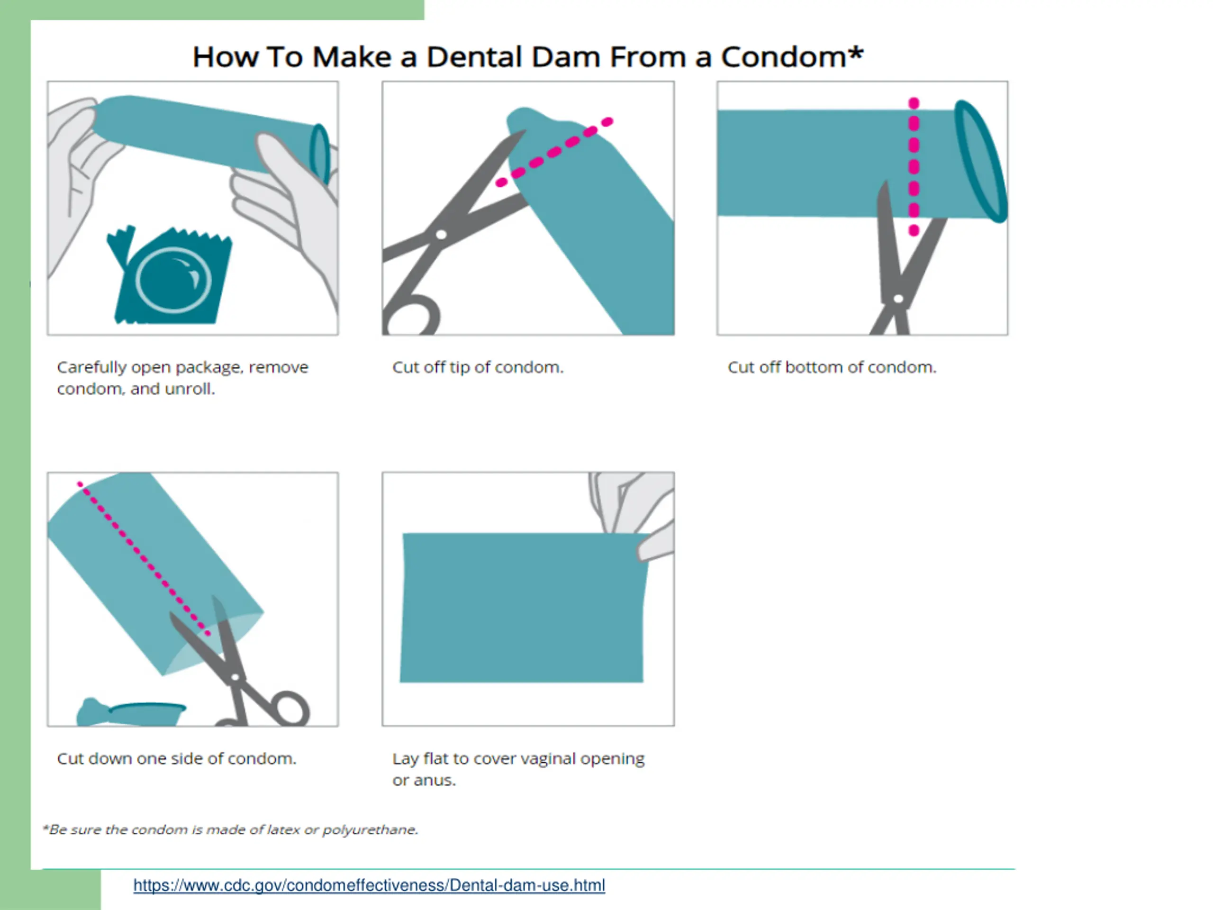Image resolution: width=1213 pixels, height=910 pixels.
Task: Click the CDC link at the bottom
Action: click(x=369, y=885)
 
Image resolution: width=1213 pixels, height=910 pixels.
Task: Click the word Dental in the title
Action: click(x=513, y=56)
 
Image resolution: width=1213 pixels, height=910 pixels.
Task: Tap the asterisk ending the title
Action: click(x=855, y=53)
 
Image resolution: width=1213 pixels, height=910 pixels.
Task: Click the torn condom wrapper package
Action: click(x=170, y=275)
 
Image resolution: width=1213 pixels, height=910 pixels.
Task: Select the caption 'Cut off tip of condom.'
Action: click(x=478, y=367)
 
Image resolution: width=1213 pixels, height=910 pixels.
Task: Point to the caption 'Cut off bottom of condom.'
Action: click(x=832, y=367)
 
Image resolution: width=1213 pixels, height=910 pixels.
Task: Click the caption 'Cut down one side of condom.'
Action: click(x=177, y=759)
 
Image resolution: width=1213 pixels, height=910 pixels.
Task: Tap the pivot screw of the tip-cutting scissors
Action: click(x=441, y=235)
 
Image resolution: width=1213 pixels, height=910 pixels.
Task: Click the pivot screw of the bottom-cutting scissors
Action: click(x=898, y=299)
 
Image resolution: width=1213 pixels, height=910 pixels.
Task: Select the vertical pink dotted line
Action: click(x=914, y=167)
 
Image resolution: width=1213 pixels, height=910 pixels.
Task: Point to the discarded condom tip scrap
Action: click(x=130, y=712)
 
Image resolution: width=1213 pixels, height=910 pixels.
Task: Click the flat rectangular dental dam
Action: click(x=524, y=608)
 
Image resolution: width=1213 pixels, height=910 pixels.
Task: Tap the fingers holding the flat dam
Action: click(x=636, y=513)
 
